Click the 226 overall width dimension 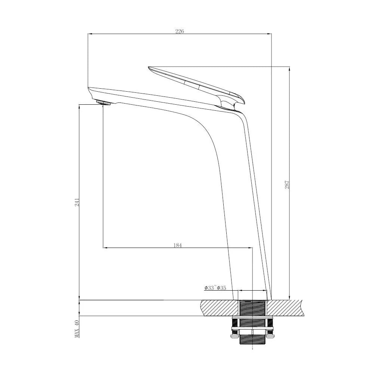point(180,31)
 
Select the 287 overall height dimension point(287,184)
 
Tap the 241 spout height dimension point(77,202)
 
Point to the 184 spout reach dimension point(177,245)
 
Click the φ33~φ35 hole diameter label point(215,288)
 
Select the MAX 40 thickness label point(77,329)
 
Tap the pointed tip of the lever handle point(150,68)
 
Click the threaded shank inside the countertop point(253,308)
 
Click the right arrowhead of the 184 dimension point(251,248)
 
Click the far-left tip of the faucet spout point(89,89)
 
